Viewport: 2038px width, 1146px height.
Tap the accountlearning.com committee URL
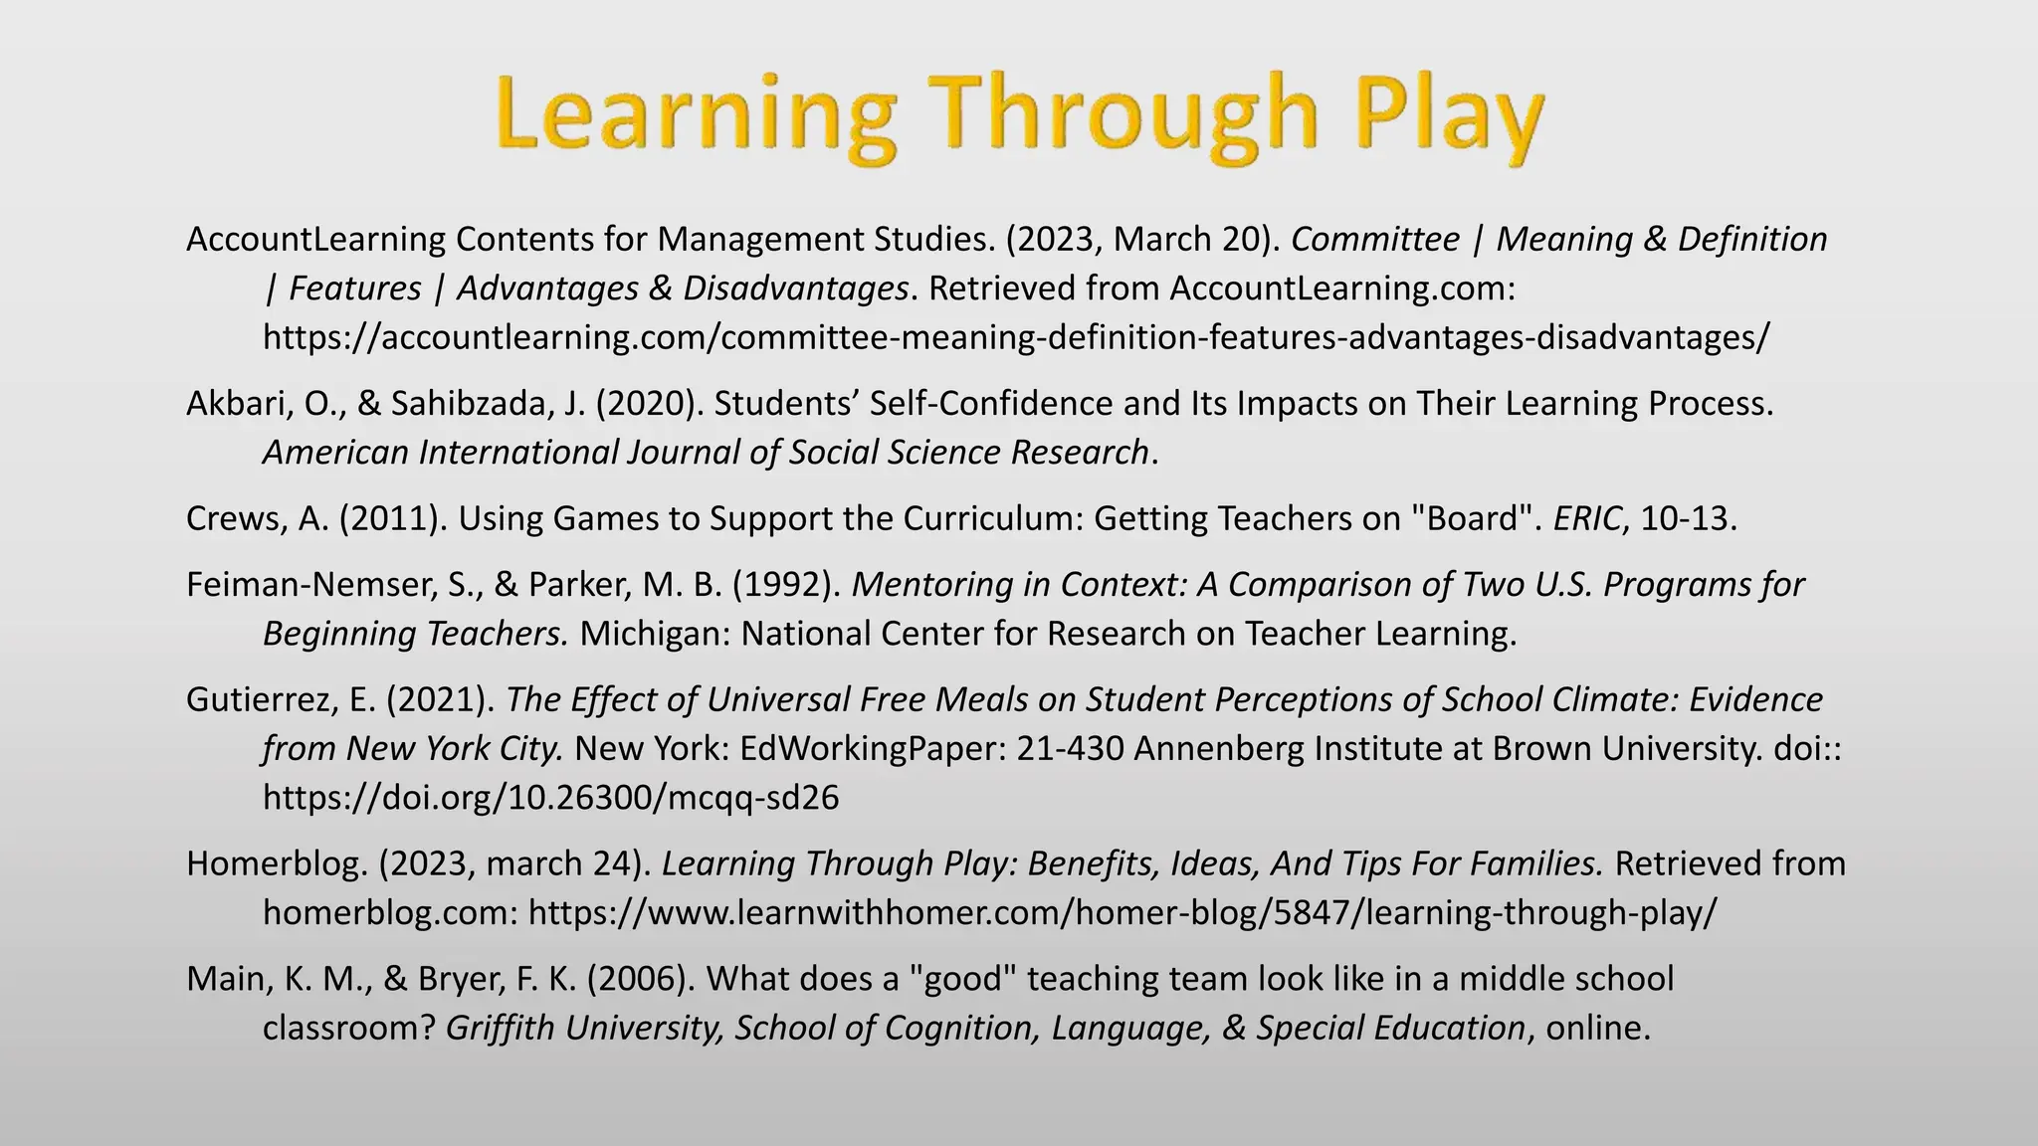click(1016, 337)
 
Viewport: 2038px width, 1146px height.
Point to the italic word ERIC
click(1586, 518)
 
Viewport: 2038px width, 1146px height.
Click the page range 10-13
click(1687, 518)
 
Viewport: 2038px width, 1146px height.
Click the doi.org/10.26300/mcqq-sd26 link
click(550, 797)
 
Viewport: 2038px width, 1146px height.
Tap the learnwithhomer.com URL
click(1121, 912)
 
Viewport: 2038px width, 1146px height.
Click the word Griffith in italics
click(499, 1028)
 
